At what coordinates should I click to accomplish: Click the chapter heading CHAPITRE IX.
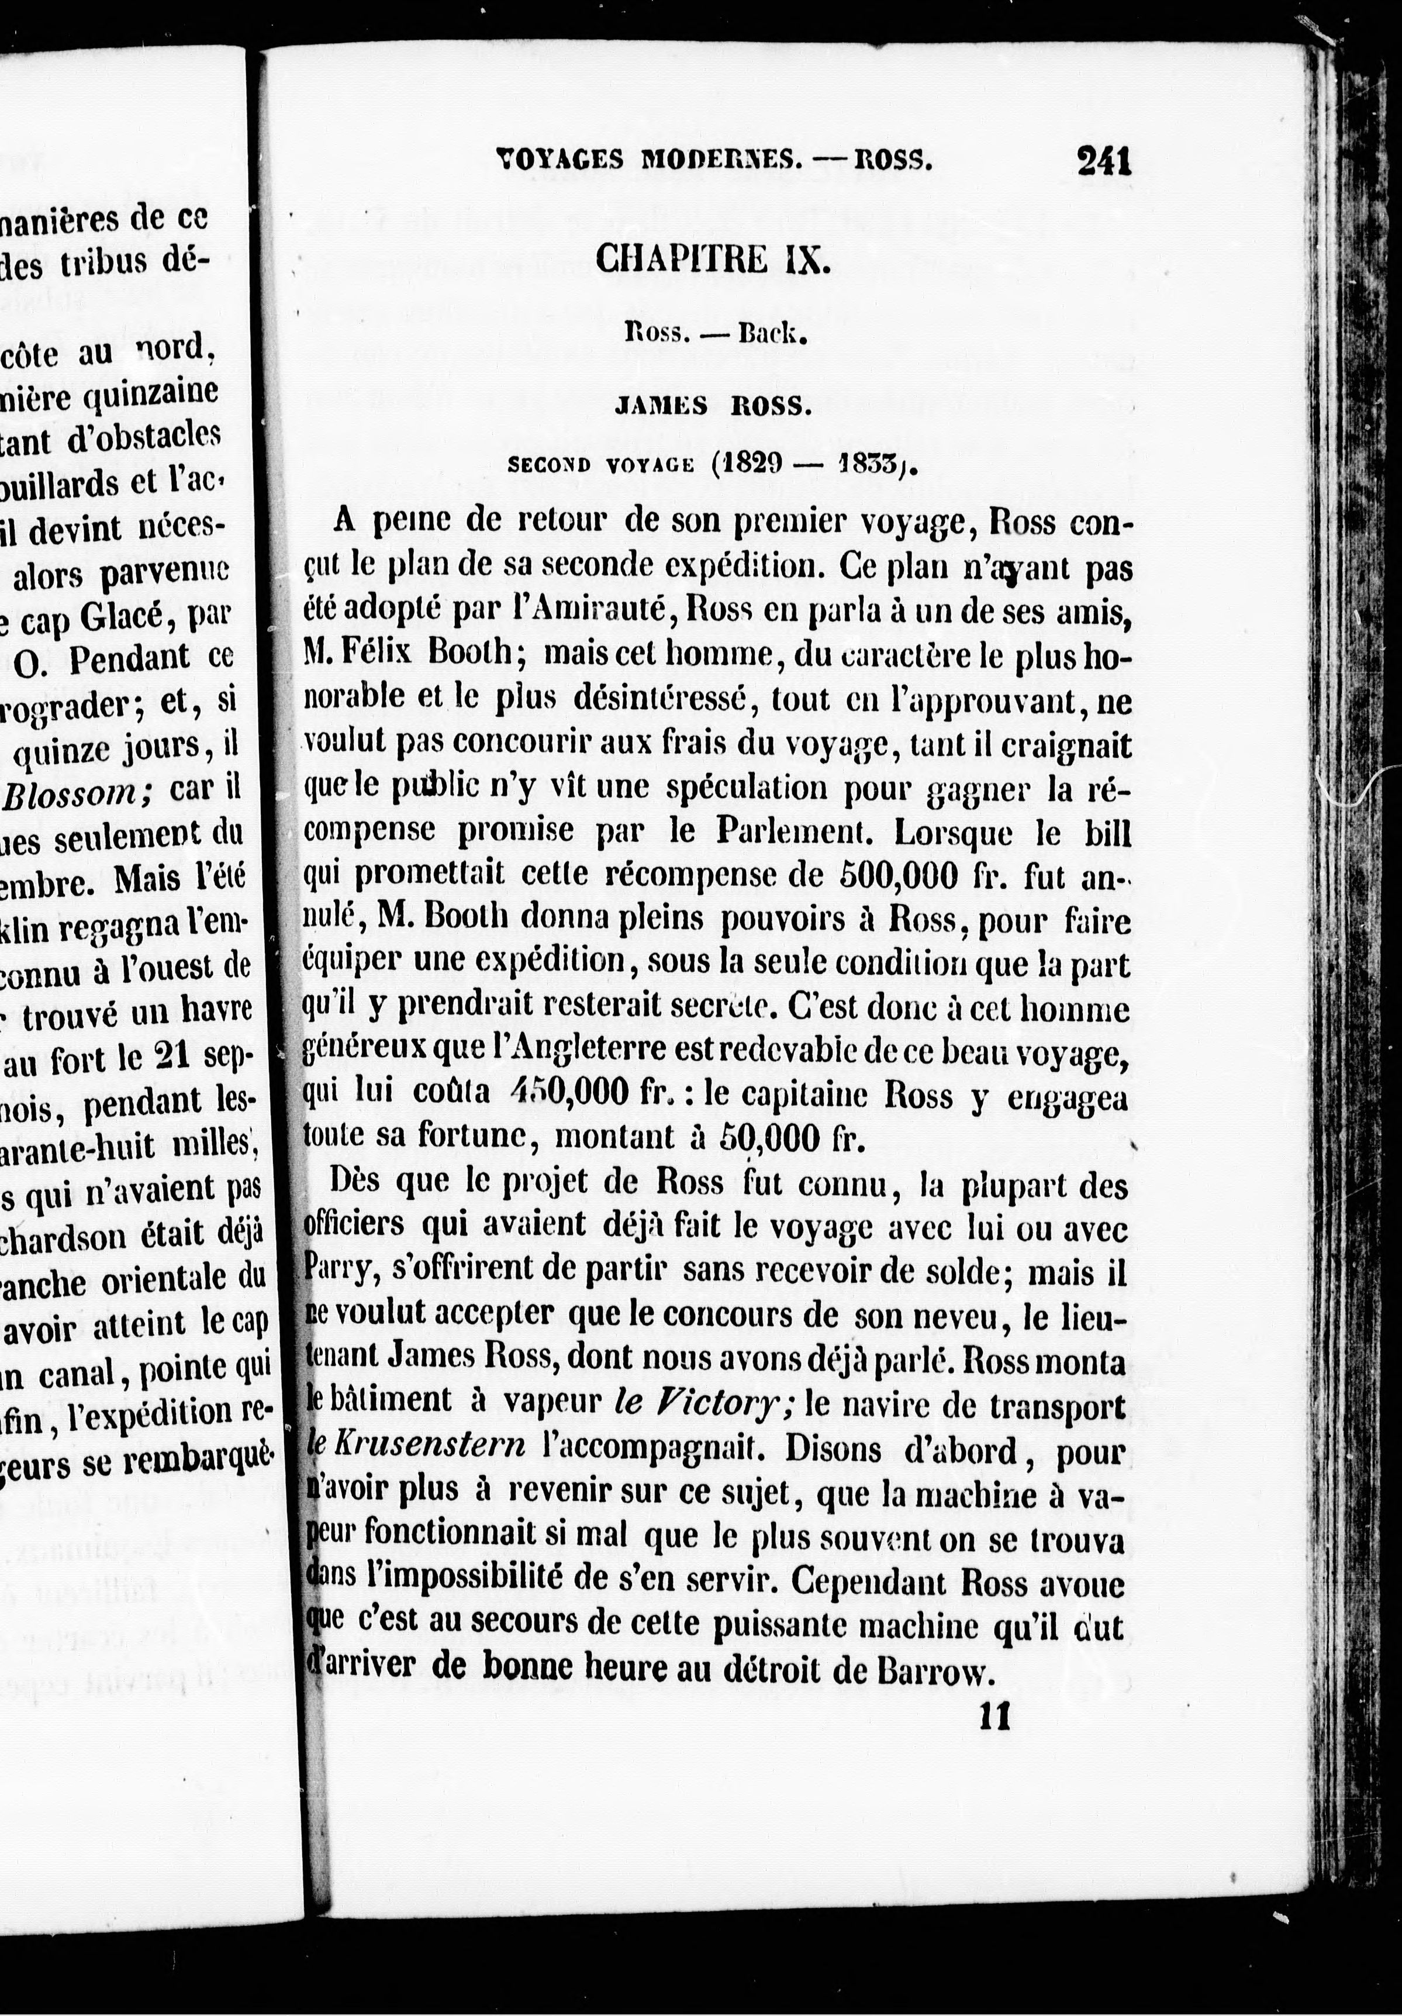point(712,261)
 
